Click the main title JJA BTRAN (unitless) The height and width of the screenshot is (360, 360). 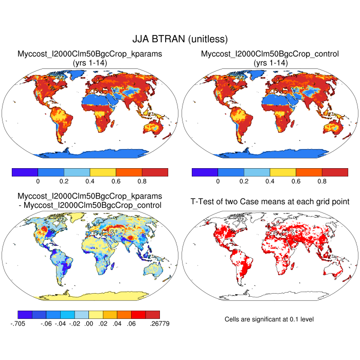tap(180, 39)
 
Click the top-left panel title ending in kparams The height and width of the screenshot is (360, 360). tap(90, 53)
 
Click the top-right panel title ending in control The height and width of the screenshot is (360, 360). tap(270, 53)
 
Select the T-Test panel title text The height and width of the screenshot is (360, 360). tap(270, 201)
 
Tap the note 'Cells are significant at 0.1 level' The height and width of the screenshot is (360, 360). tap(269, 319)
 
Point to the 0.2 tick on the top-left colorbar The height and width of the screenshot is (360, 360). tap(64, 182)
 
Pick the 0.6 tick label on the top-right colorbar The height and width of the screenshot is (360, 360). tap(296, 182)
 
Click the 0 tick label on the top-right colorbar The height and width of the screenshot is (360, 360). tap(218, 182)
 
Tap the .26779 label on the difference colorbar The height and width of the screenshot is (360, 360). tap(159, 323)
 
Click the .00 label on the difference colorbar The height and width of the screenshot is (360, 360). tap(89, 323)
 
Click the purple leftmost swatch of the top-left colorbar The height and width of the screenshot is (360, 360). tap(25, 172)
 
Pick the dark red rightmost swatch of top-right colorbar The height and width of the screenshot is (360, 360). tap(335, 172)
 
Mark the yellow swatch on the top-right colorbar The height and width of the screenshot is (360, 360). tap(283, 172)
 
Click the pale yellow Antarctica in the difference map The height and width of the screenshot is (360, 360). tap(90, 295)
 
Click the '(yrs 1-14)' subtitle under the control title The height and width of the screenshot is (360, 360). tap(270, 62)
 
